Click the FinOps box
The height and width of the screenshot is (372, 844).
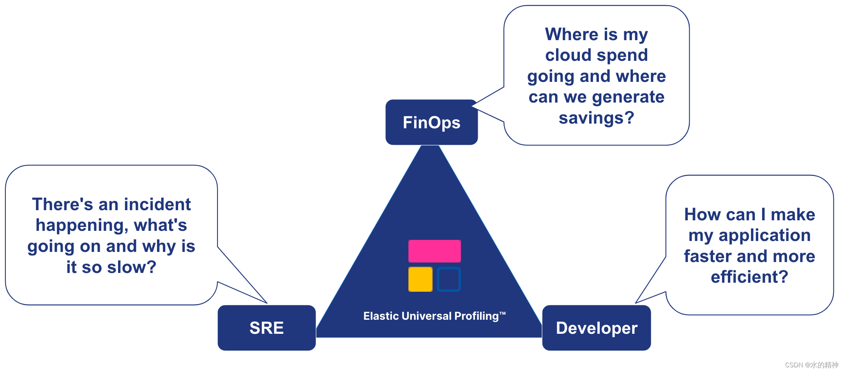point(431,122)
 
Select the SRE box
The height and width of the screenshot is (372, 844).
point(267,328)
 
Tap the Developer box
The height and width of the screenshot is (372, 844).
point(597,328)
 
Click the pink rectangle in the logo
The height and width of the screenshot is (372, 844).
point(434,251)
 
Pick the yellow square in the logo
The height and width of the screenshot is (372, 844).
point(420,279)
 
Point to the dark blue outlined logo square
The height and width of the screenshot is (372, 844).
point(449,279)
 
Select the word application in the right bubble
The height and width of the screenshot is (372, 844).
point(765,236)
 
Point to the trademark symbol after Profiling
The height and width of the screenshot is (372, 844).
point(503,313)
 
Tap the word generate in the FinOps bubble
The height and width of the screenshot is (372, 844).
point(628,97)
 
